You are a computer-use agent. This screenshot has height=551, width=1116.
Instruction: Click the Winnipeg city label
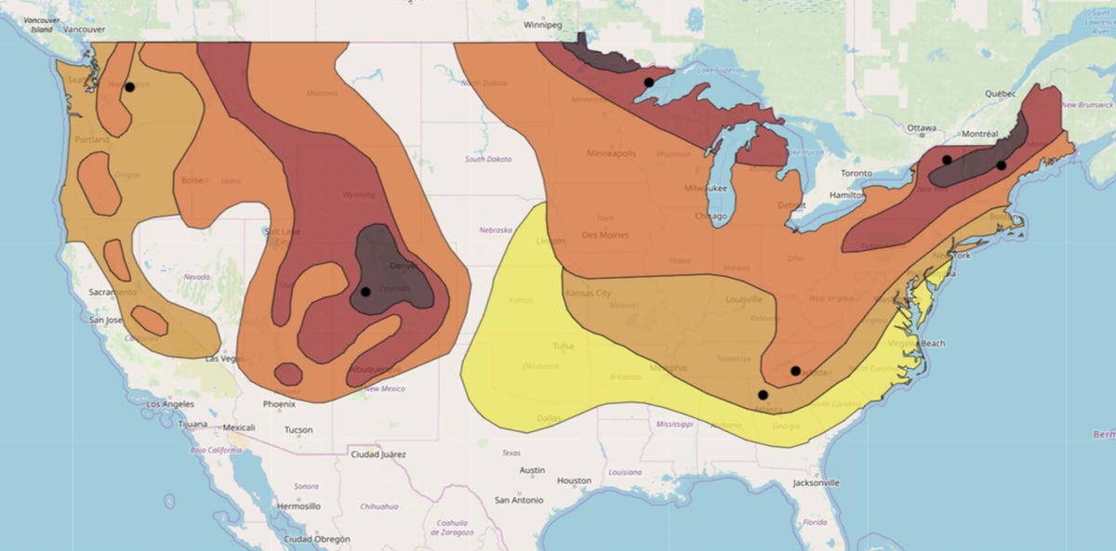[544, 25]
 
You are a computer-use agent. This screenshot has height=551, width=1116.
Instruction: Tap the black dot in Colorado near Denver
[365, 292]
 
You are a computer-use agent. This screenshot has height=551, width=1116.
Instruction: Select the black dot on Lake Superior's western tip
[648, 83]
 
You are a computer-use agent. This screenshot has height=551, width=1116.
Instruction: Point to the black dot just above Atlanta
[763, 395]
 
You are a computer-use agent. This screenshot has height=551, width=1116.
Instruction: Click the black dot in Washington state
[130, 87]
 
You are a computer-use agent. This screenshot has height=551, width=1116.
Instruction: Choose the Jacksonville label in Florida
[817, 483]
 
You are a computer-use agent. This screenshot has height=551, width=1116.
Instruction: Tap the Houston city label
[574, 480]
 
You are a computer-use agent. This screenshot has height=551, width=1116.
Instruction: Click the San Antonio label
[519, 500]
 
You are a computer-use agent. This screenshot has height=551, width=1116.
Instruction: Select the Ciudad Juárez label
[378, 454]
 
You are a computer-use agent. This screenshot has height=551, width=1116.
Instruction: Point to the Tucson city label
[299, 430]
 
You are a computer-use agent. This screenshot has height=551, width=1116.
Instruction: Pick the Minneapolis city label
[611, 153]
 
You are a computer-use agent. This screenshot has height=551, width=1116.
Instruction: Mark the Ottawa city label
[922, 128]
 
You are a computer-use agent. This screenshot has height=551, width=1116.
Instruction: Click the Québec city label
[1000, 94]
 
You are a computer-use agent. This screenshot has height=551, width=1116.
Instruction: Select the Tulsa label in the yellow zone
[564, 346]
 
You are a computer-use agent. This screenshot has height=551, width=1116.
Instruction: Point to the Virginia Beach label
[918, 344]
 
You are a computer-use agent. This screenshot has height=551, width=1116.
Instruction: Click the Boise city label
[193, 180]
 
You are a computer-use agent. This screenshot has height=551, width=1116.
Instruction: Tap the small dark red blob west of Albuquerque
[288, 374]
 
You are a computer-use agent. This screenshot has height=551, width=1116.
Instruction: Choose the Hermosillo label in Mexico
[299, 506]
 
